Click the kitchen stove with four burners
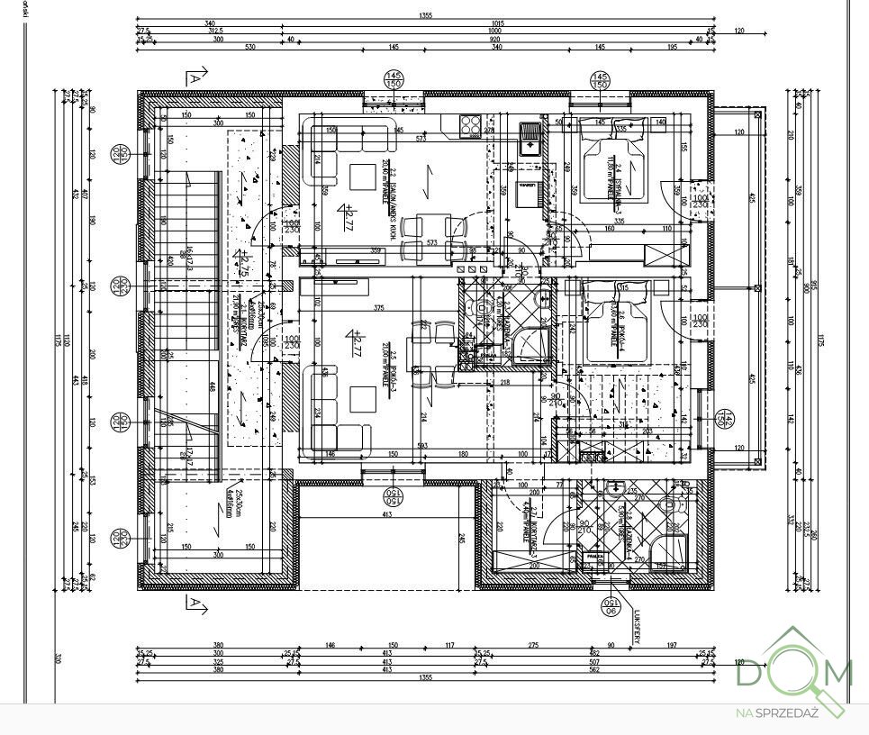tap(470, 126)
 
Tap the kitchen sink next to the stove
tap(531, 136)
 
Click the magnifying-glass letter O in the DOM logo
tap(792, 672)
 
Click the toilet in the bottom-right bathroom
tap(671, 505)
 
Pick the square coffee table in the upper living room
tap(365, 176)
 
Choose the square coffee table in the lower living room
tap(365, 395)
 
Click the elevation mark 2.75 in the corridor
tap(241, 264)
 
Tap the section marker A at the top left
tap(193, 78)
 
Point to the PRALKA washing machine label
tap(593, 558)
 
